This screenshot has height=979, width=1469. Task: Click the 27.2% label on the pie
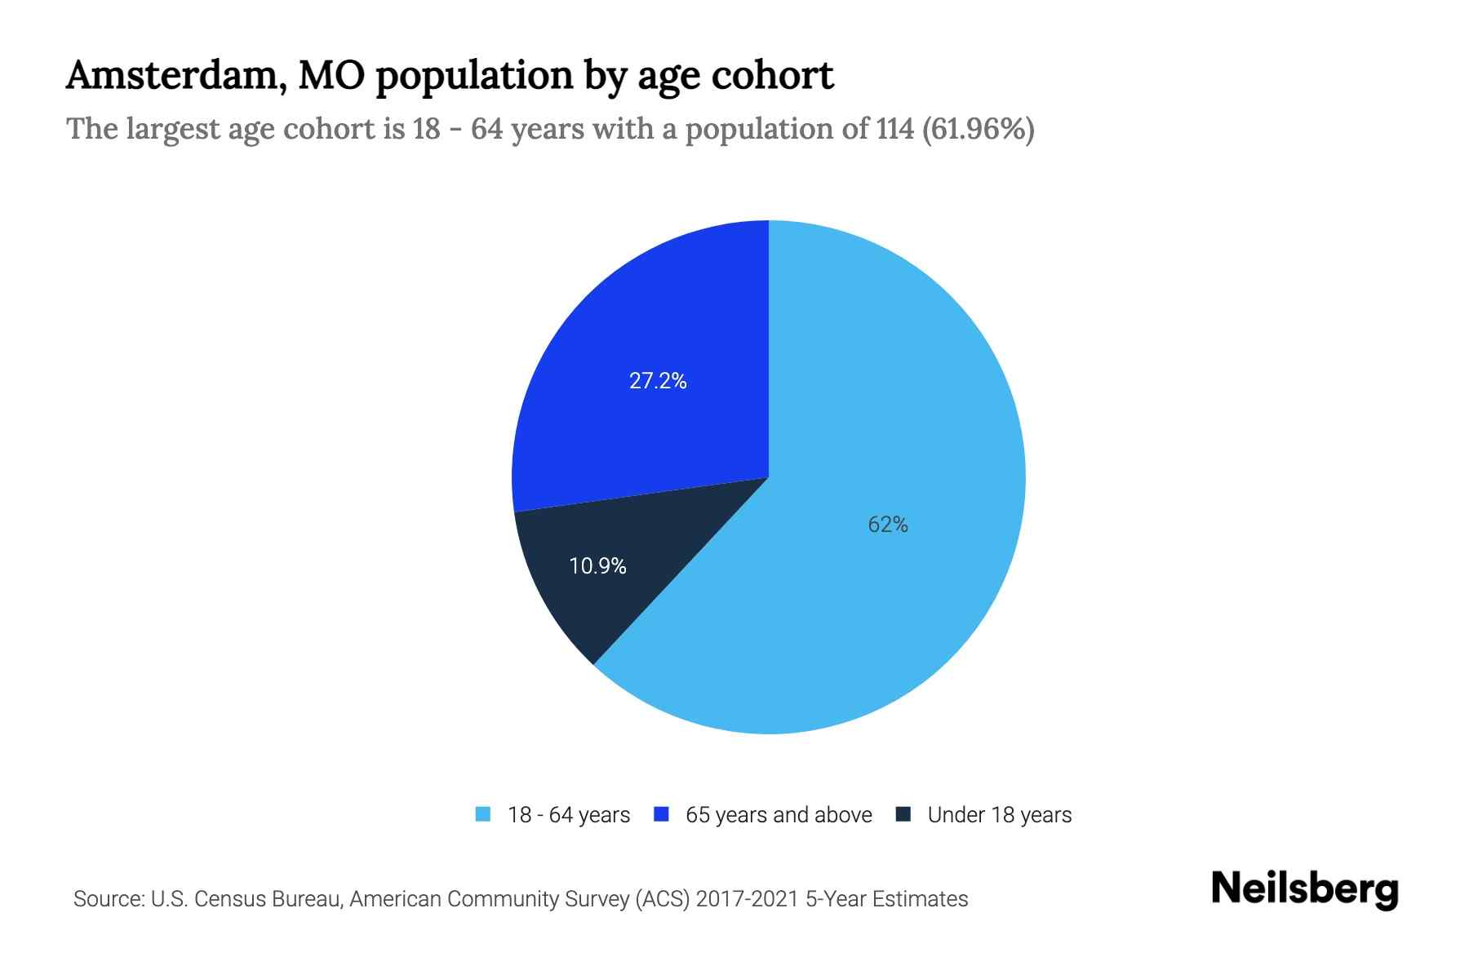pos(658,381)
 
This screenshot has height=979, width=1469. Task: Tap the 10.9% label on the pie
pos(597,566)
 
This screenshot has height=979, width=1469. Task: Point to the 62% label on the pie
pos(888,525)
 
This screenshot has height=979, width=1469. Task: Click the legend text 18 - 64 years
pos(569,815)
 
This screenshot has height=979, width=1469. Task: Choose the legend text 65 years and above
pos(779,815)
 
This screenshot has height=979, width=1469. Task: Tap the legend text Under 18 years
pos(999,815)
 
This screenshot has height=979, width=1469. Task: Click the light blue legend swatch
pos(483,814)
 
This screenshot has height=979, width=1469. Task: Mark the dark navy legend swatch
pos(903,814)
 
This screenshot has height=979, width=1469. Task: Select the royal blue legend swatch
pos(662,814)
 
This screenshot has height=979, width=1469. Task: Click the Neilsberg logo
pos(1304,889)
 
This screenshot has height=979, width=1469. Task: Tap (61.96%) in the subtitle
pos(978,129)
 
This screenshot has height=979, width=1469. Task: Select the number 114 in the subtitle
pos(895,129)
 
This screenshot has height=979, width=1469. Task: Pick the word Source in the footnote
pos(107,899)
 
